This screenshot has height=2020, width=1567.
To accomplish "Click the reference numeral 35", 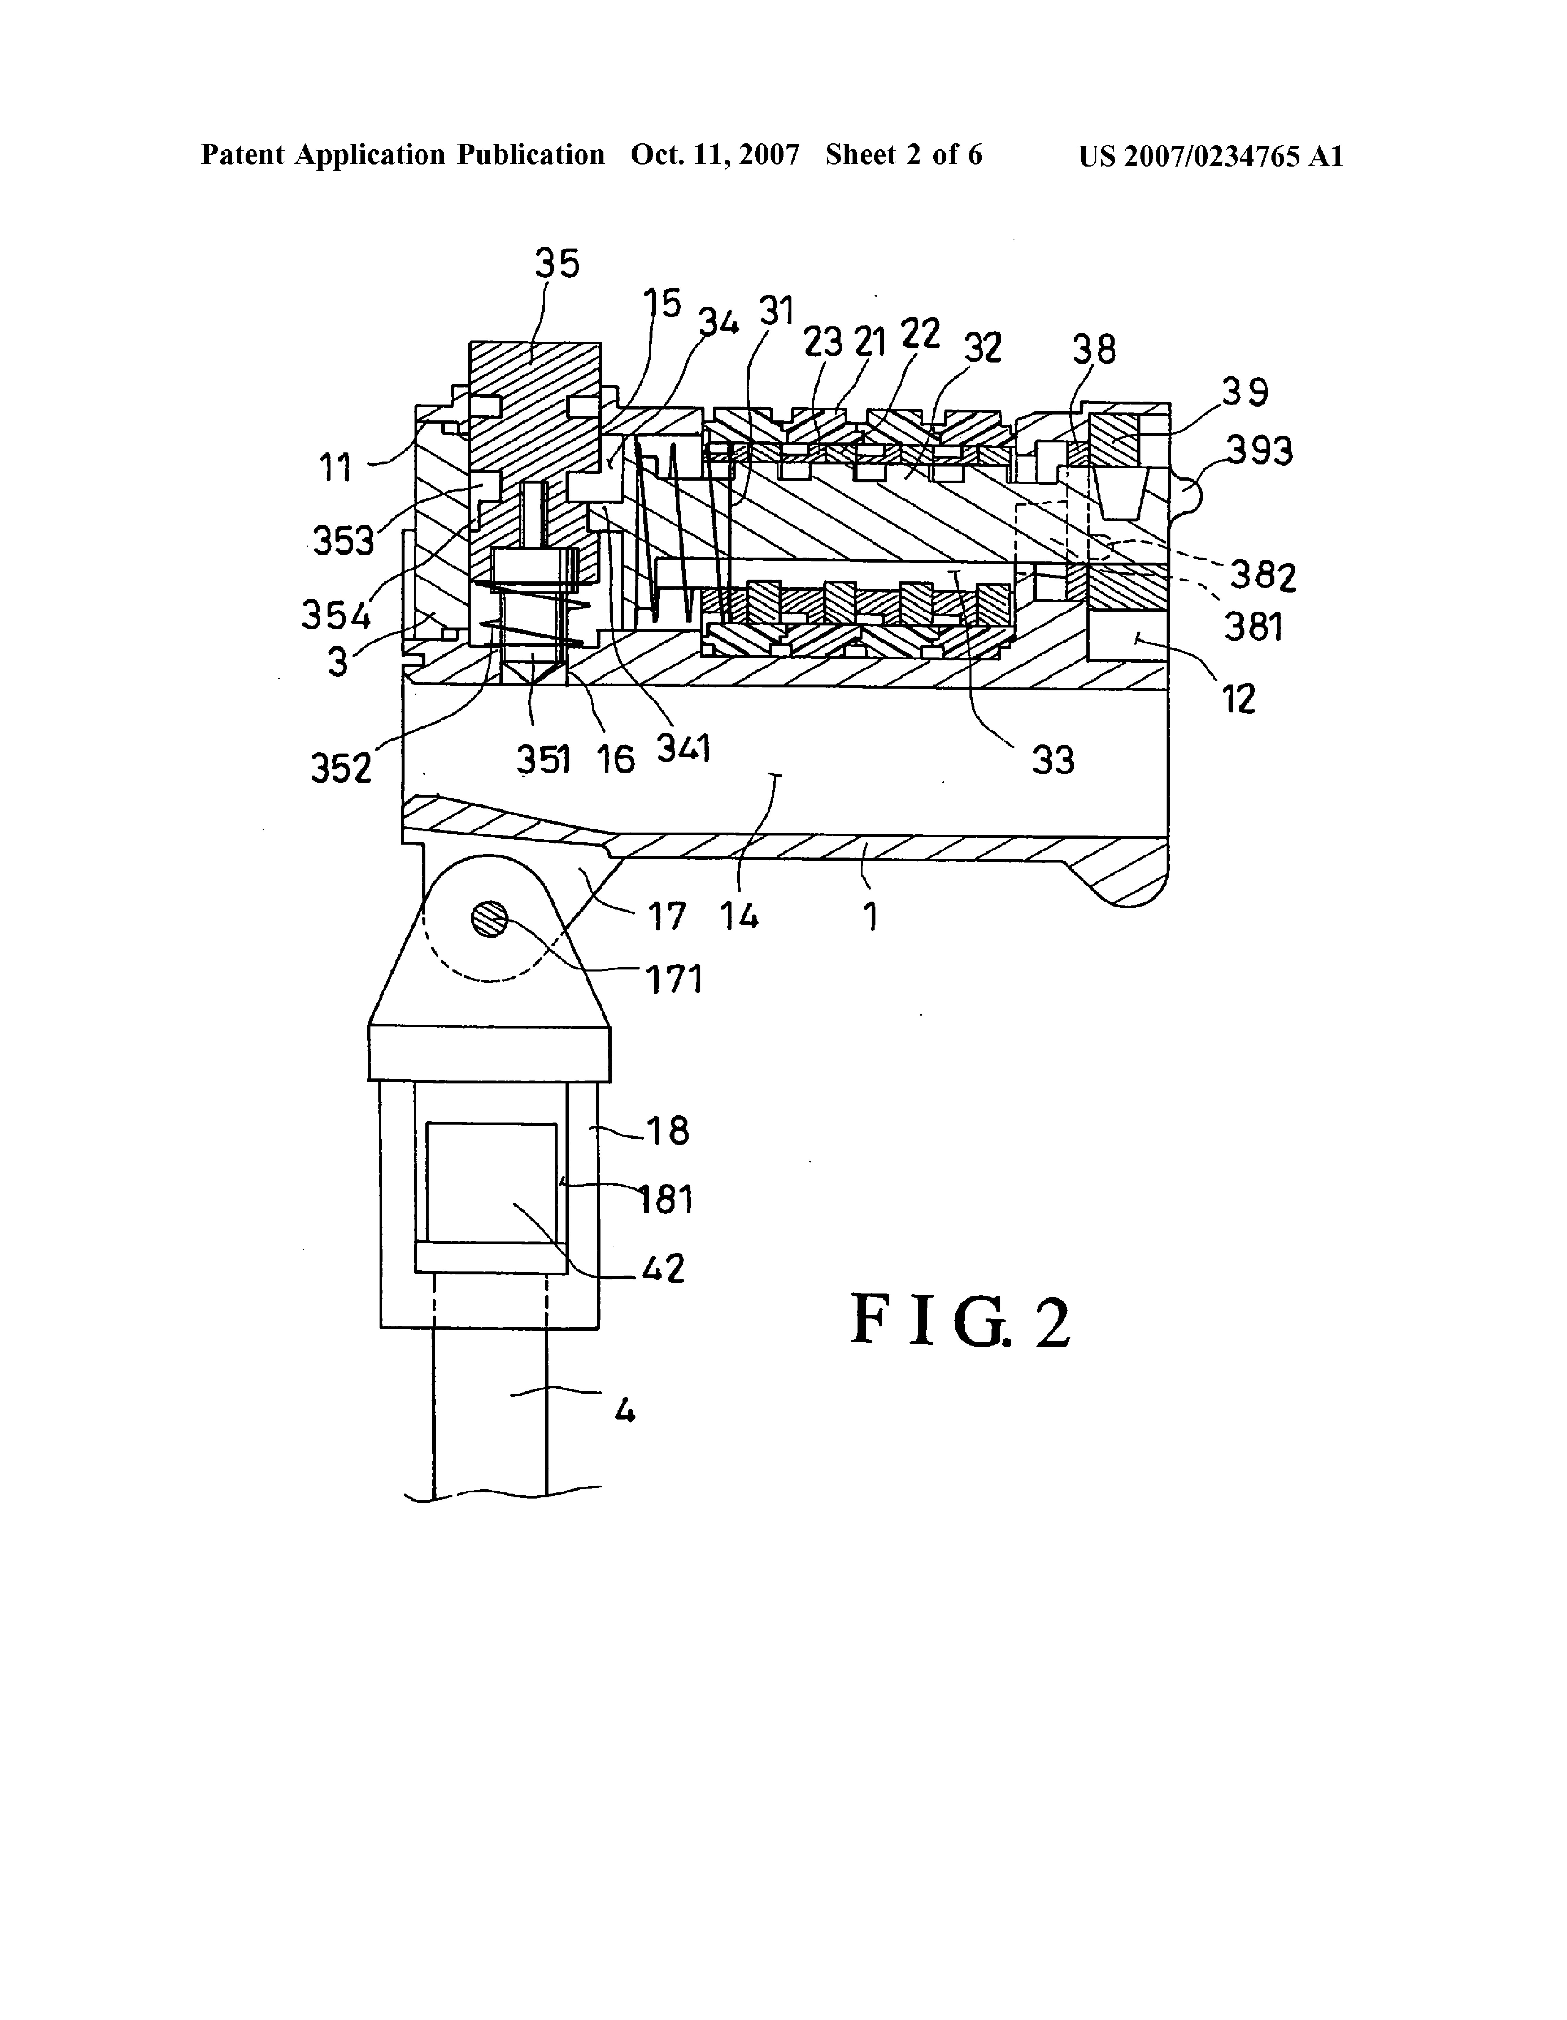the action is coord(557,264).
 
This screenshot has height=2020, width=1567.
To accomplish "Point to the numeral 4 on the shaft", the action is coord(625,1410).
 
